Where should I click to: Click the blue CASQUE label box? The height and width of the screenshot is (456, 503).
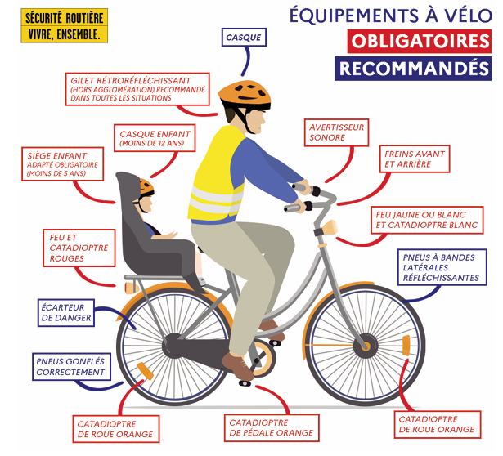pos(244,37)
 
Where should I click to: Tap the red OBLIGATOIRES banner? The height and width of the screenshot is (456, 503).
pos(420,42)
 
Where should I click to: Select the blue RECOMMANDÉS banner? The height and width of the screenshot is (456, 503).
pos(413,69)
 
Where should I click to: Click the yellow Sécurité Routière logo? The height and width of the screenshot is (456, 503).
pos(64,25)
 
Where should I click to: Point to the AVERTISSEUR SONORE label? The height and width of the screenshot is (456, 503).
pos(336,132)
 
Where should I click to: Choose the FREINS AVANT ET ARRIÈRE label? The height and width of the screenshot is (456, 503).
pos(415,159)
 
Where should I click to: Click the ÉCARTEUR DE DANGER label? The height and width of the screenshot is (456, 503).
pos(66,313)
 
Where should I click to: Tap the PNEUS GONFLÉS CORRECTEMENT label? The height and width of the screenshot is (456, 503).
pos(71,367)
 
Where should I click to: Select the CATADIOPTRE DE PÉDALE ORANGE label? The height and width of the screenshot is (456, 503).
pos(272,428)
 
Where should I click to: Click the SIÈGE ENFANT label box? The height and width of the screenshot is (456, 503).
pos(62,164)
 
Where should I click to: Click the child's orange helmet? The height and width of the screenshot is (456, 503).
pos(146,186)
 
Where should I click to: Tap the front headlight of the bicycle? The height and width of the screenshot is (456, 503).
pos(330,227)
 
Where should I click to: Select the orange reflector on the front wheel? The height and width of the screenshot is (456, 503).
pos(406,346)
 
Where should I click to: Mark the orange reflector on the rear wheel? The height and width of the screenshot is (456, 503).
pos(145,371)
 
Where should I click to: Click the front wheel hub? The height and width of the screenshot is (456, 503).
pos(365,346)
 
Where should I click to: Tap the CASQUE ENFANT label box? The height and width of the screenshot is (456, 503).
pos(155,138)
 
